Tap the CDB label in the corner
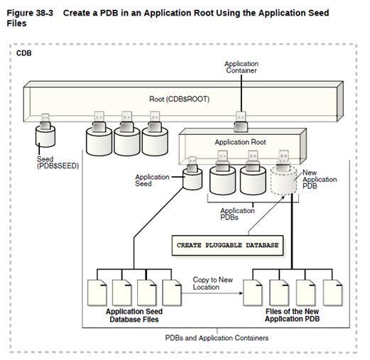24,53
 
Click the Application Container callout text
241,68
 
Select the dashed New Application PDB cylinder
287,181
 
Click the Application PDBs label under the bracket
238,214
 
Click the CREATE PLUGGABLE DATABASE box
227,244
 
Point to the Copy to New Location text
212,284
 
